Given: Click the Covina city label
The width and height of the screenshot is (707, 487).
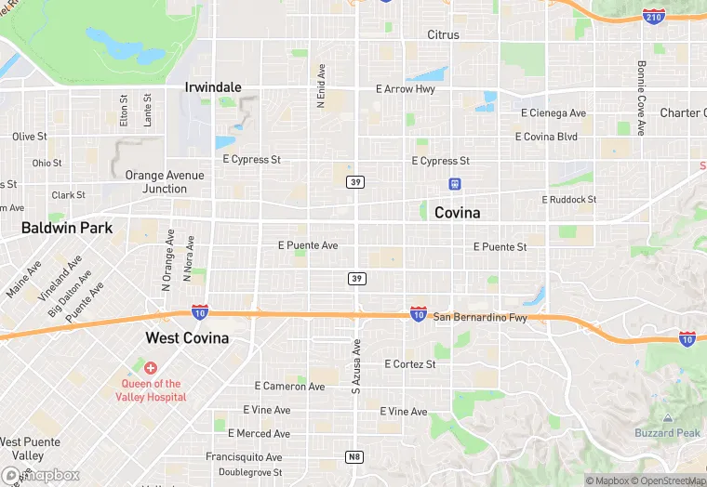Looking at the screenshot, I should coord(458,213).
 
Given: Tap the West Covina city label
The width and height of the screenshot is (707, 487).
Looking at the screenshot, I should coord(187,338).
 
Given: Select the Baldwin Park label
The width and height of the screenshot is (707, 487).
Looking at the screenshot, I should coord(67,228).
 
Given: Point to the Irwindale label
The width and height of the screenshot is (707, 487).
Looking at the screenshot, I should coord(213,87).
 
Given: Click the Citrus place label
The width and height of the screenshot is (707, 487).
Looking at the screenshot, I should coord(443,35).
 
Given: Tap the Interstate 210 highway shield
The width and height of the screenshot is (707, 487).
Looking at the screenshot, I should coord(653,17).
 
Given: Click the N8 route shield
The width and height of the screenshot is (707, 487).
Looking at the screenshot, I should coord(354,457).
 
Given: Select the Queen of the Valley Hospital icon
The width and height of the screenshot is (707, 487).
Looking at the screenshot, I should coord(150,369).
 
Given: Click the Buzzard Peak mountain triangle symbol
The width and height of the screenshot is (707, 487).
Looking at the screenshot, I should coord(667,420).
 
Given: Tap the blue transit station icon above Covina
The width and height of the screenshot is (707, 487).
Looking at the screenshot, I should coord(455,183).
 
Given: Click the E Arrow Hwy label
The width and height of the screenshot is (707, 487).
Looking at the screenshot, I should coord(405,89).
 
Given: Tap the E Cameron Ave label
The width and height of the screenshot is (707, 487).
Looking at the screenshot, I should coord(289,387).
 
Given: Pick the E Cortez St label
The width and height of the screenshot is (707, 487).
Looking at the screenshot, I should coord(409,364).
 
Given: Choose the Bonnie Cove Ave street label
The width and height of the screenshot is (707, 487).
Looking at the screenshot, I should coord(641,98).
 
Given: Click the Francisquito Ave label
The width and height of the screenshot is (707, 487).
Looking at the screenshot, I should coord(244,457).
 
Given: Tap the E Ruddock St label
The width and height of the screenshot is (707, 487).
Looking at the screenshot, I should coord(569,200).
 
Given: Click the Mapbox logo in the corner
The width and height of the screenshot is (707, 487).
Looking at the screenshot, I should coord(41,475).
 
